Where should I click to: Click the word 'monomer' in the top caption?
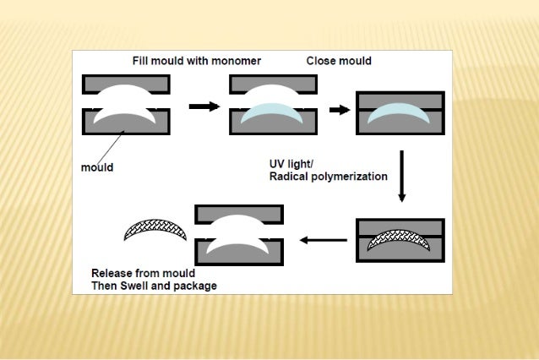tap(234, 61)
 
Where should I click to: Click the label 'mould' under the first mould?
tap(97, 167)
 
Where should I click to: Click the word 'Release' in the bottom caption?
tap(113, 273)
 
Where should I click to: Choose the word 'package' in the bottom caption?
tap(195, 286)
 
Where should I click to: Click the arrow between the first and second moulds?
tap(202, 106)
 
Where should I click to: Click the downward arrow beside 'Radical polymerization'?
tap(402, 177)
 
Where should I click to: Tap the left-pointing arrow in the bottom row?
tap(324, 240)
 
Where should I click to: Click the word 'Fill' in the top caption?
tap(142, 61)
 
